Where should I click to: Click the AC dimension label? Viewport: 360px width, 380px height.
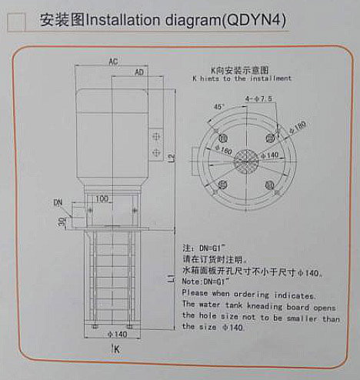point(113,62)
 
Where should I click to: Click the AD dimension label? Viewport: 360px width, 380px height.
point(139,72)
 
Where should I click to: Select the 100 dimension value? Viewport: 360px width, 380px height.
point(102,198)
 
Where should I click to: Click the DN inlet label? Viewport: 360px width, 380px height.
point(58,203)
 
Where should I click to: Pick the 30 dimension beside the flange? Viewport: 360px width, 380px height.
point(62,222)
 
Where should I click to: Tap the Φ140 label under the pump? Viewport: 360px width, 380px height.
point(117,335)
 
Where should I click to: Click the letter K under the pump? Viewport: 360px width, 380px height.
point(117,349)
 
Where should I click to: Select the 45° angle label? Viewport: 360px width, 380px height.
point(218,107)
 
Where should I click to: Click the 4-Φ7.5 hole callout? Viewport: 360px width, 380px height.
point(258,98)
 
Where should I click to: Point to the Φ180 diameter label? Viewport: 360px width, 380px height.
point(298,127)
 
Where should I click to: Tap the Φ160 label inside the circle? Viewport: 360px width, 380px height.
point(224,150)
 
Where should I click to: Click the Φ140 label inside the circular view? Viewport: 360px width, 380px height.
point(270,155)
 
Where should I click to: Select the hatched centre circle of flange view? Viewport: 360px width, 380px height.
point(246,162)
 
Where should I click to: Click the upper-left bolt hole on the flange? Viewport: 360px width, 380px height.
point(223,138)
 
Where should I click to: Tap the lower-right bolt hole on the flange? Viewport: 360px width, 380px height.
point(270,185)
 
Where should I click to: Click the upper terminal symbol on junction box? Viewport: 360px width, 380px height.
point(156,136)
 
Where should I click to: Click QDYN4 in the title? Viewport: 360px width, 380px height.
point(254,20)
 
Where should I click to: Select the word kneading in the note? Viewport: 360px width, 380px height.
point(265,306)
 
